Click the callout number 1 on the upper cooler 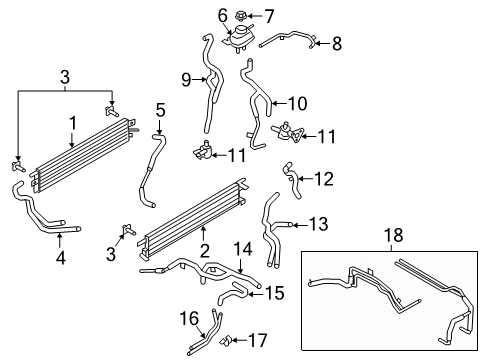click(x=71, y=124)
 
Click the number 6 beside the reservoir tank click(x=222, y=14)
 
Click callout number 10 click(x=297, y=102)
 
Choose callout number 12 click(x=323, y=178)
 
